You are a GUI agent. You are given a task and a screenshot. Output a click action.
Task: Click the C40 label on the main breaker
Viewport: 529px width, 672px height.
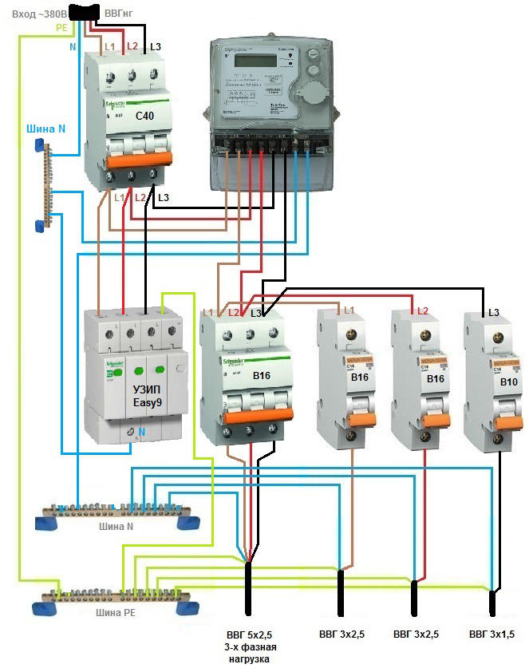click(145, 117)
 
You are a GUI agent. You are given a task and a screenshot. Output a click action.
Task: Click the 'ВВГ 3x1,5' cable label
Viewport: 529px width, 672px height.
click(491, 635)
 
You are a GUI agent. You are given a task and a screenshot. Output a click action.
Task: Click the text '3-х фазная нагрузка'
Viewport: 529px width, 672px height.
click(250, 654)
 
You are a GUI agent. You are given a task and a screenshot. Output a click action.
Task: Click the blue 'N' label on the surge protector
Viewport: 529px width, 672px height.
click(141, 433)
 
